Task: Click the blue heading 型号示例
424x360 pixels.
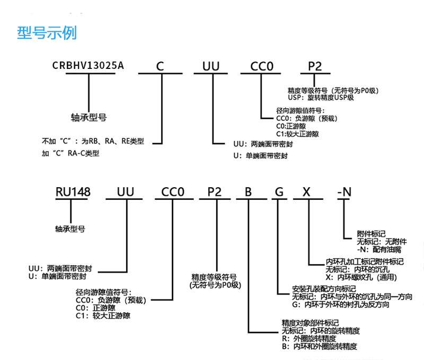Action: click(x=47, y=33)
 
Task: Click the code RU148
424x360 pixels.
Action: click(x=73, y=192)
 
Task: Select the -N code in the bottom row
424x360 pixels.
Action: click(x=344, y=192)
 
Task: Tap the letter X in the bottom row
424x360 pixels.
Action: click(x=306, y=192)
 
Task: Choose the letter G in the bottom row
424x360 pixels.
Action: click(x=279, y=192)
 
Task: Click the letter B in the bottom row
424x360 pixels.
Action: click(x=248, y=192)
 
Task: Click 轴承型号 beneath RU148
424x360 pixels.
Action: click(x=70, y=229)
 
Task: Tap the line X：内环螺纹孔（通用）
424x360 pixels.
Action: click(x=362, y=277)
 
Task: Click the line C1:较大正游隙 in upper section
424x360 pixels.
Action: click(x=297, y=134)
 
